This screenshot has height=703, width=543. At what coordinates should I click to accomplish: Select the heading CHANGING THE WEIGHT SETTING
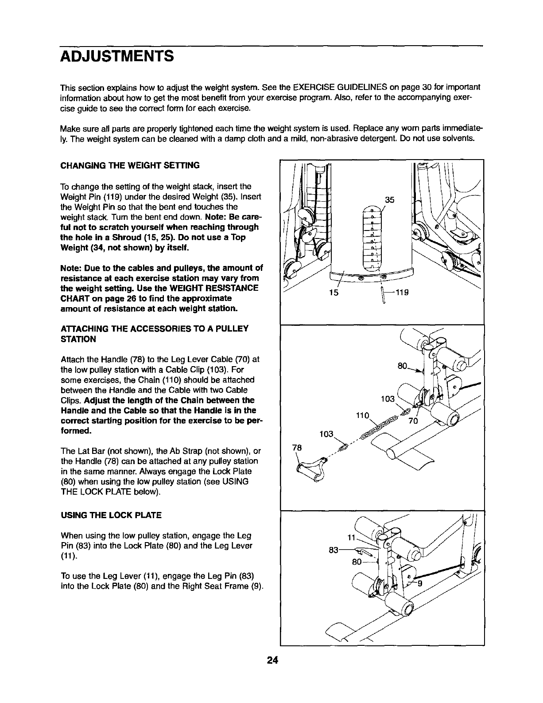(130, 165)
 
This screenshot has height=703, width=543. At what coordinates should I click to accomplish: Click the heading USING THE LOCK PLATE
(111, 515)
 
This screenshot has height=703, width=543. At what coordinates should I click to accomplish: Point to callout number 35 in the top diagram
(389, 200)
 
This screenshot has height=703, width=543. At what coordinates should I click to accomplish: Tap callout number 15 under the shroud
(334, 293)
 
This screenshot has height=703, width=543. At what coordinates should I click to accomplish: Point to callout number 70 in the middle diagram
(413, 421)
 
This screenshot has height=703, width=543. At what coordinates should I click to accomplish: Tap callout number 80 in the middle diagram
(402, 366)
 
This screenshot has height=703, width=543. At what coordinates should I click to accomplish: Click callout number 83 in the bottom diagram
(334, 550)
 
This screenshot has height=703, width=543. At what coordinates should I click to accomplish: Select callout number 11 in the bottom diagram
(351, 538)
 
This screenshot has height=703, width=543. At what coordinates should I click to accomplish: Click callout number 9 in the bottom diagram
(420, 583)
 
